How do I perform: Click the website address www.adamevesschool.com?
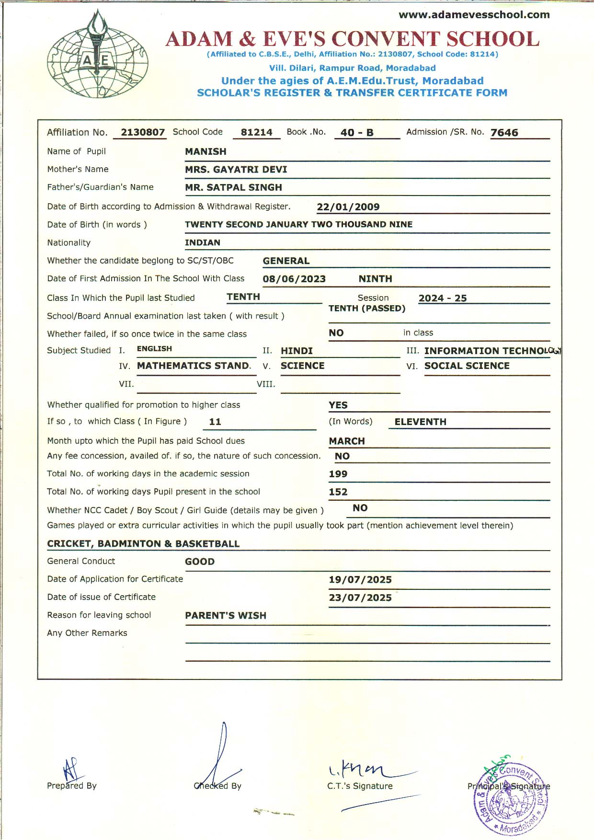[474, 15]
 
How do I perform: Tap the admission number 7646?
[504, 133]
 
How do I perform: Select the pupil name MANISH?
[206, 151]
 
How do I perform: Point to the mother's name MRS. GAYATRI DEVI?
[236, 170]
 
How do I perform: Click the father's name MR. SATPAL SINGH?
[233, 187]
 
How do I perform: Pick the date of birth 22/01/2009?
[348, 207]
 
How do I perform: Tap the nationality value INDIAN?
[203, 242]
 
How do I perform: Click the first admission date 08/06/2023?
[294, 279]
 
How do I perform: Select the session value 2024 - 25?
[443, 298]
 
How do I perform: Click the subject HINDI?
[297, 351]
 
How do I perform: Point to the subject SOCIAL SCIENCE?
[467, 366]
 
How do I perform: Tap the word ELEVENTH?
[421, 422]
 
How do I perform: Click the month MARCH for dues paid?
[347, 441]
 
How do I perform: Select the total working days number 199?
[338, 474]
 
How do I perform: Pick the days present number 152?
[338, 492]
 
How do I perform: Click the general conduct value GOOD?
[200, 562]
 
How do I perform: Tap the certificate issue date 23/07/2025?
[360, 598]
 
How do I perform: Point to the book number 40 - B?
[357, 133]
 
